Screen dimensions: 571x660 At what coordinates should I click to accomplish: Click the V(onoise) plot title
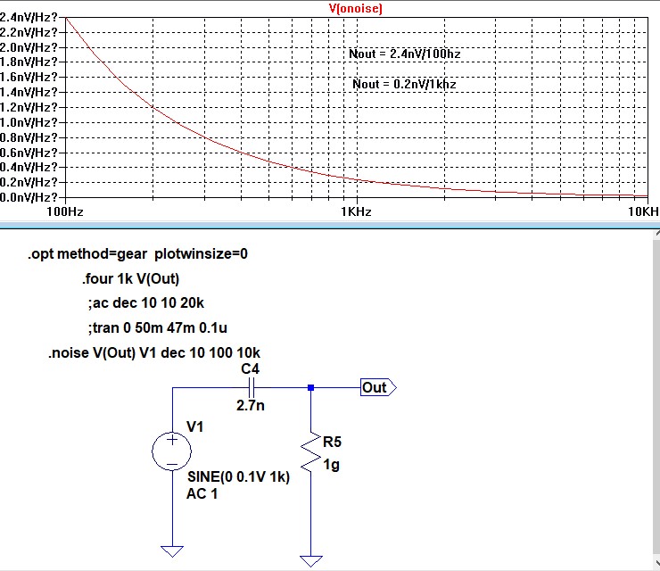click(x=356, y=7)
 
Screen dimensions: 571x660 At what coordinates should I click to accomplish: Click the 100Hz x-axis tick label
click(x=64, y=212)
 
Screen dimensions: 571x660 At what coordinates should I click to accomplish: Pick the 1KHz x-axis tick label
click(x=356, y=212)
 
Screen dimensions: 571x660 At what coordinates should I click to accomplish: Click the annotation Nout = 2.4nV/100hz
click(x=406, y=54)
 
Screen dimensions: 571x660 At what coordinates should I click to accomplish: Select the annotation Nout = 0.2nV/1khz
click(x=405, y=84)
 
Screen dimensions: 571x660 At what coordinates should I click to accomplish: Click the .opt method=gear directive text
click(x=137, y=254)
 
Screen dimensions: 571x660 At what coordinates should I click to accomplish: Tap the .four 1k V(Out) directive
click(x=130, y=279)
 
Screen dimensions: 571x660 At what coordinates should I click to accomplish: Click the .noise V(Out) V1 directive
click(x=154, y=352)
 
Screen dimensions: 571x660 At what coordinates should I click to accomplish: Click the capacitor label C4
click(x=251, y=368)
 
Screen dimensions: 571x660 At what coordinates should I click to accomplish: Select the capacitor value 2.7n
click(x=250, y=405)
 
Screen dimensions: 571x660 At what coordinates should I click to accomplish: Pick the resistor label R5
click(x=332, y=442)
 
